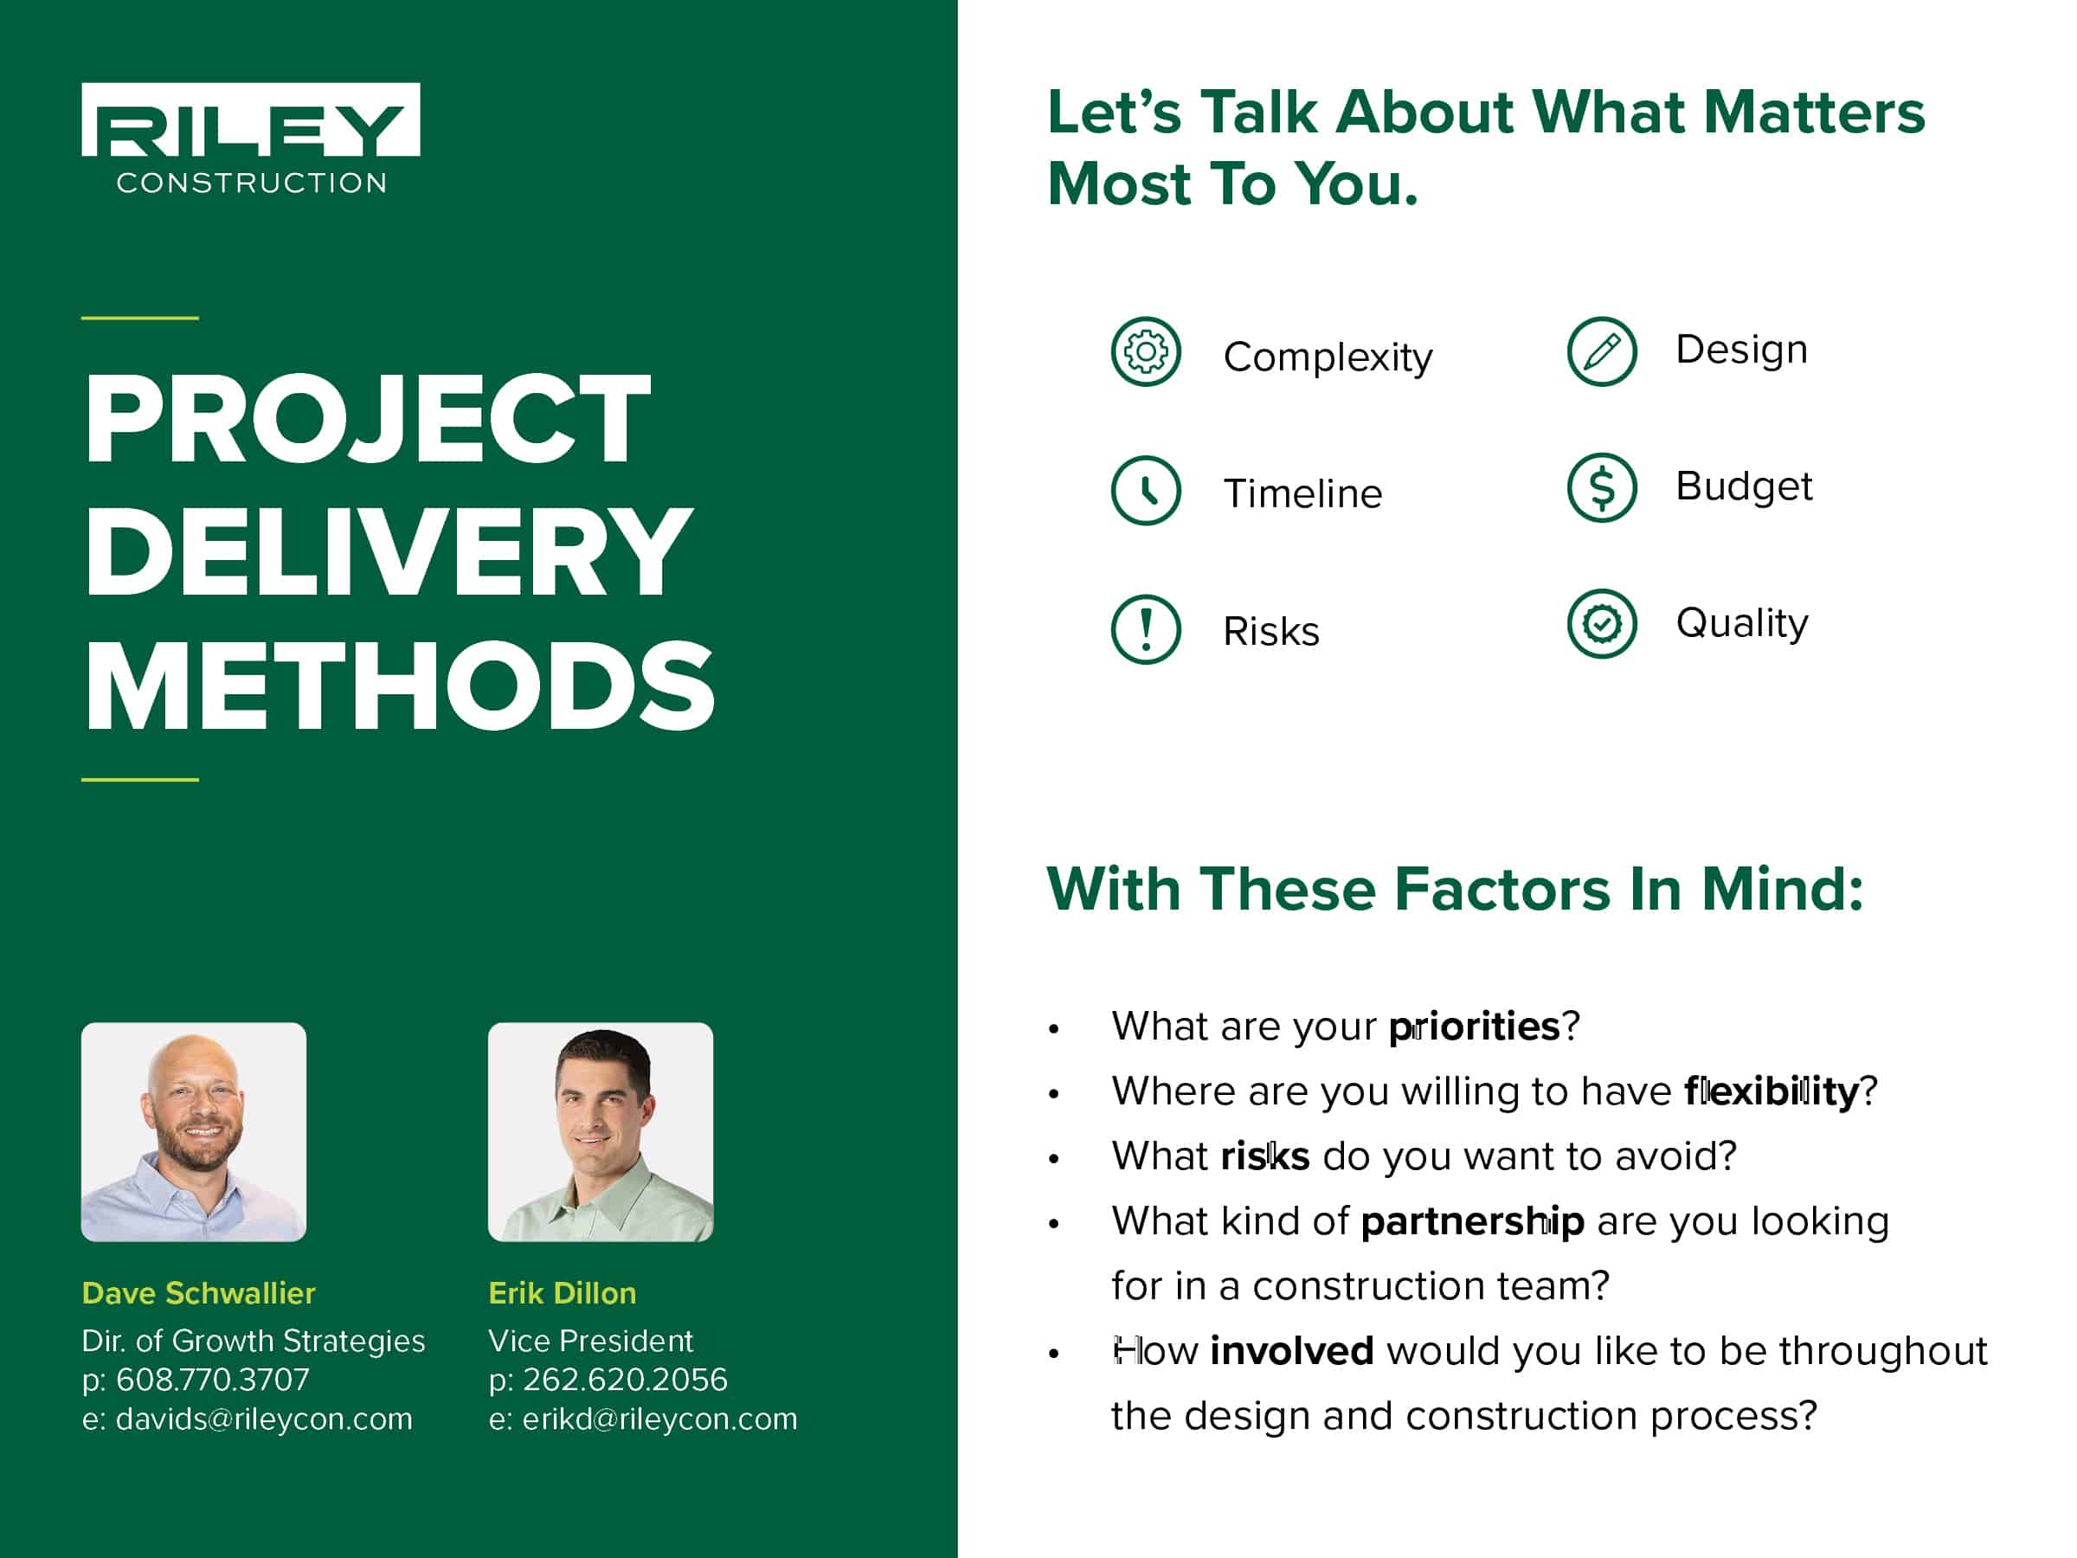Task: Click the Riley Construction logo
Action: (251, 138)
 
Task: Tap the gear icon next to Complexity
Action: (1146, 352)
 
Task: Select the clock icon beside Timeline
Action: (1146, 490)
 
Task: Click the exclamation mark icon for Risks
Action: (1146, 629)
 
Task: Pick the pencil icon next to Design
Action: (1602, 351)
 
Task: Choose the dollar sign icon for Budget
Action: (1602, 487)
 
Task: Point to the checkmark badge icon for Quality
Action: (1602, 623)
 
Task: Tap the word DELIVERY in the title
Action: (389, 551)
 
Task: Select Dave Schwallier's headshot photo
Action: (194, 1131)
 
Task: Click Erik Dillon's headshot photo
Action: (601, 1131)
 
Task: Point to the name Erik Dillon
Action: (563, 1293)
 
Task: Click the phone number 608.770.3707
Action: (212, 1380)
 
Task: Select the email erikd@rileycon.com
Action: (660, 1419)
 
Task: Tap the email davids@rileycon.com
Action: (264, 1419)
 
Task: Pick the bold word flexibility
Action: (1772, 1091)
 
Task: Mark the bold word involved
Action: (1292, 1351)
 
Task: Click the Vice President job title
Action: (590, 1340)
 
